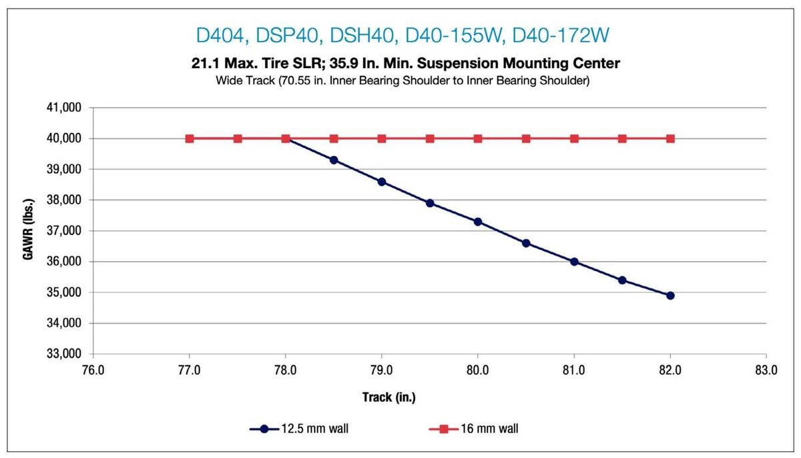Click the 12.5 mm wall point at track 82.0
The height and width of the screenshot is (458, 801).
click(670, 295)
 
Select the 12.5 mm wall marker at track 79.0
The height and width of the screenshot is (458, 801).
click(382, 182)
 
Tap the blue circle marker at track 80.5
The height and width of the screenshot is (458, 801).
click(526, 243)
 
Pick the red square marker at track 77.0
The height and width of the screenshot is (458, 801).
click(190, 139)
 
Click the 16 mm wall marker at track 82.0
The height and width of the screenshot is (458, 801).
click(670, 139)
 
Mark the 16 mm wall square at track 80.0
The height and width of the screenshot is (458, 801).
click(478, 139)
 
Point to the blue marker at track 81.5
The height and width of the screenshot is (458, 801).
click(622, 280)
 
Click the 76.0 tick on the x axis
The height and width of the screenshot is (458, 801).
click(93, 369)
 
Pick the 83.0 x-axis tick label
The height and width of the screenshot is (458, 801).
click(766, 369)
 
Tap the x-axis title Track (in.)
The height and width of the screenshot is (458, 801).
click(389, 397)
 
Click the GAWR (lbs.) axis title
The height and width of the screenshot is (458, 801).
click(29, 231)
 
